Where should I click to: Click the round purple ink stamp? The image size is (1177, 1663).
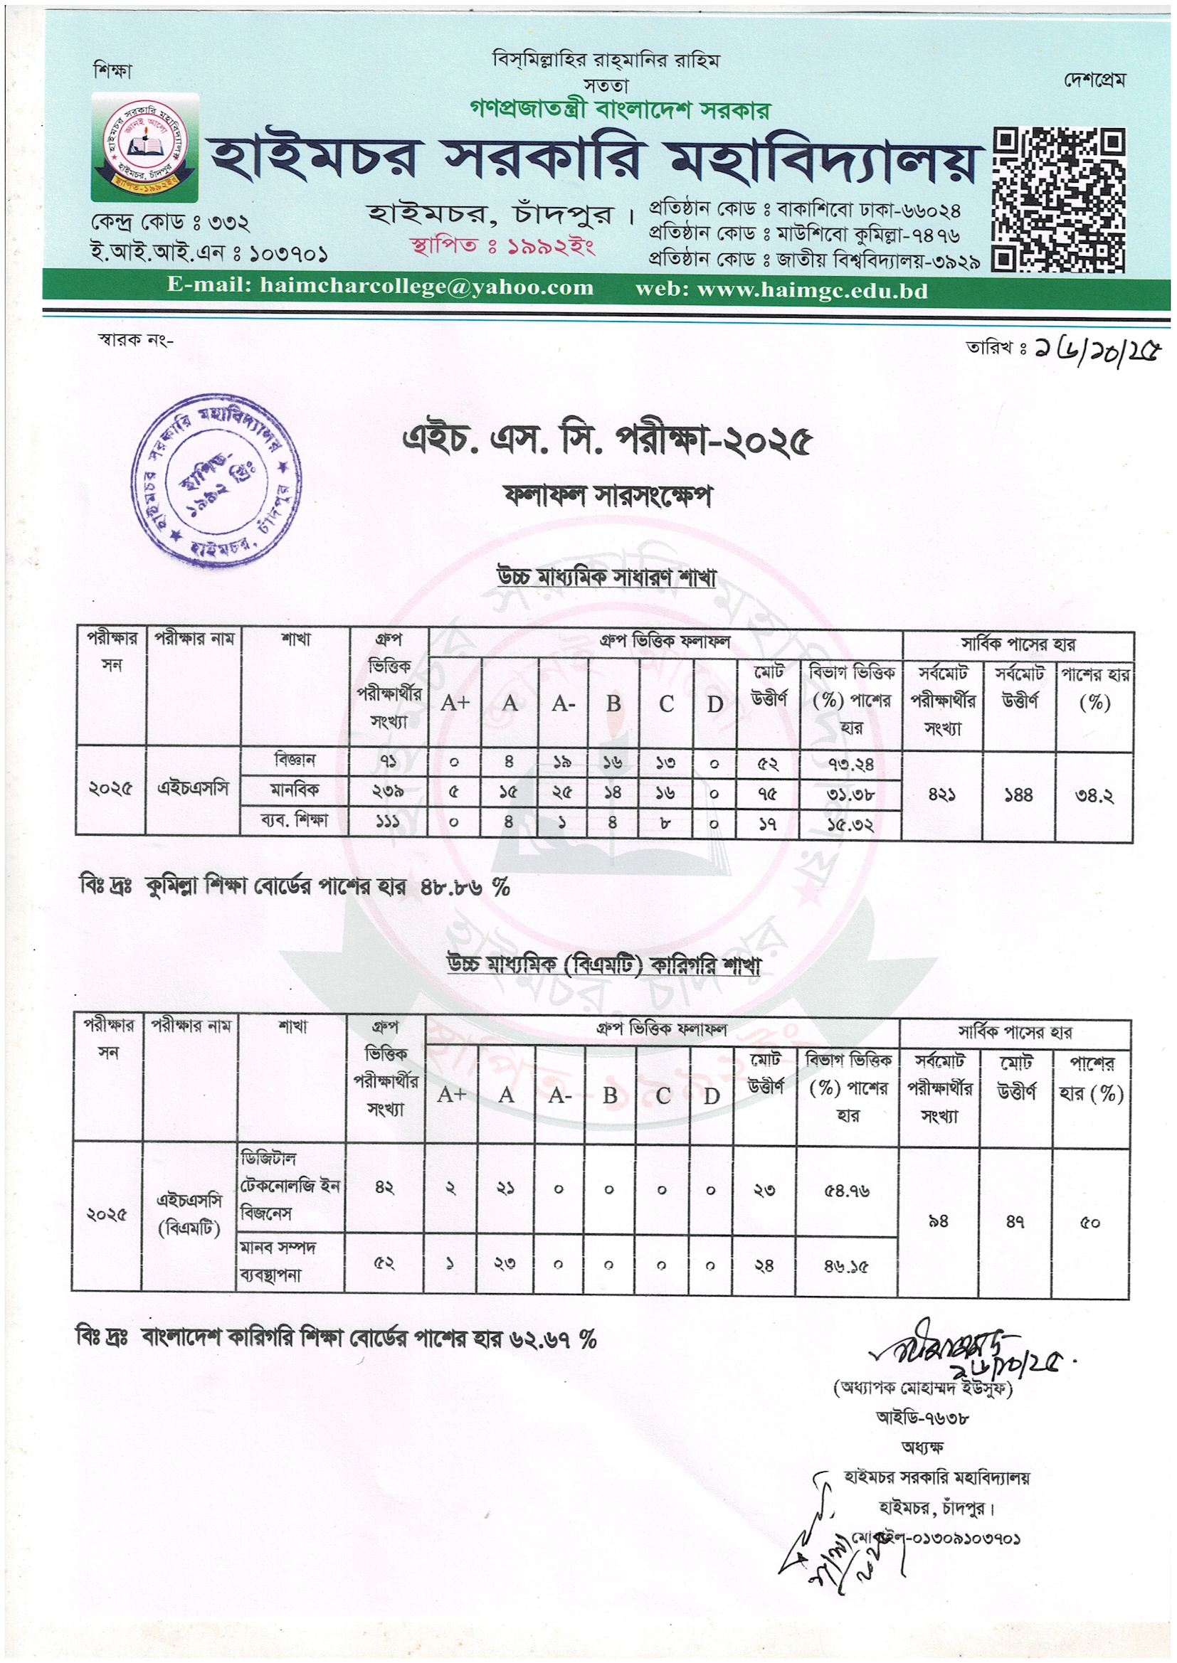point(216,480)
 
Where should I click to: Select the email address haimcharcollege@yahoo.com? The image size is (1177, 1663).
point(427,287)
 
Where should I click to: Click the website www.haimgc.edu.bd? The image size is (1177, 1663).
point(812,290)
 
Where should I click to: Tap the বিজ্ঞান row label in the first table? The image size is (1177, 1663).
point(295,760)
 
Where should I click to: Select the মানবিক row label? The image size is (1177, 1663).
point(295,790)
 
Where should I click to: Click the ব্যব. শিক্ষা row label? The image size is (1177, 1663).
point(295,821)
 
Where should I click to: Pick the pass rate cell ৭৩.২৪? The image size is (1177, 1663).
point(850,763)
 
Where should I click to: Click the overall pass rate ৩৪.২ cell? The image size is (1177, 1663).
point(1094,796)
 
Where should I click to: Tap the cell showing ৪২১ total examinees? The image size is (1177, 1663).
point(941,795)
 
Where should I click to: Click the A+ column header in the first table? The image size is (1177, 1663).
point(455,703)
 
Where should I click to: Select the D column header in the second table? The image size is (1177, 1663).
point(711,1096)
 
